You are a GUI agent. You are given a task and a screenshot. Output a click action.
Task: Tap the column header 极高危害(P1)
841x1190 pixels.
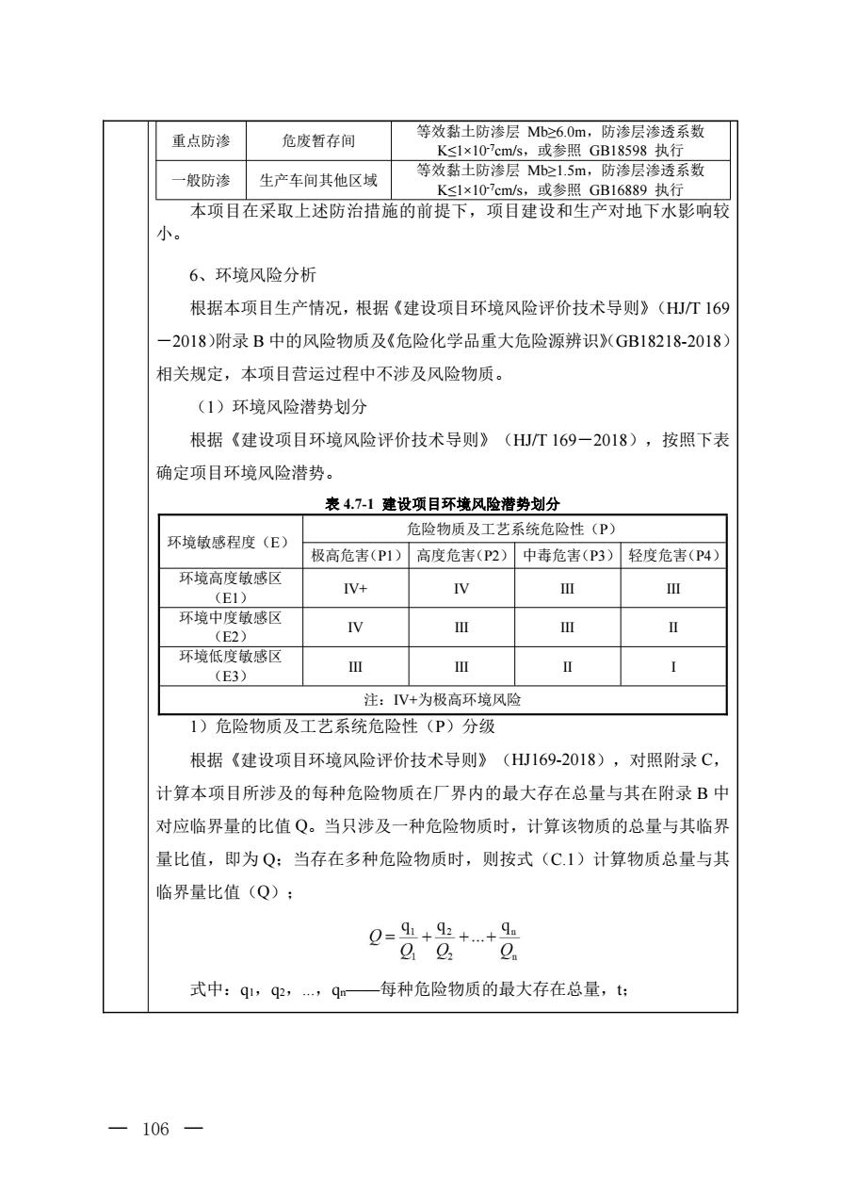click(x=356, y=555)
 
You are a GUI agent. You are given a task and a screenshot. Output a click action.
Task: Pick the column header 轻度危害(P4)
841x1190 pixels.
click(x=673, y=555)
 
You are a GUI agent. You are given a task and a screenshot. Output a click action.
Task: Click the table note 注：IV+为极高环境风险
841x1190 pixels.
click(x=444, y=700)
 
